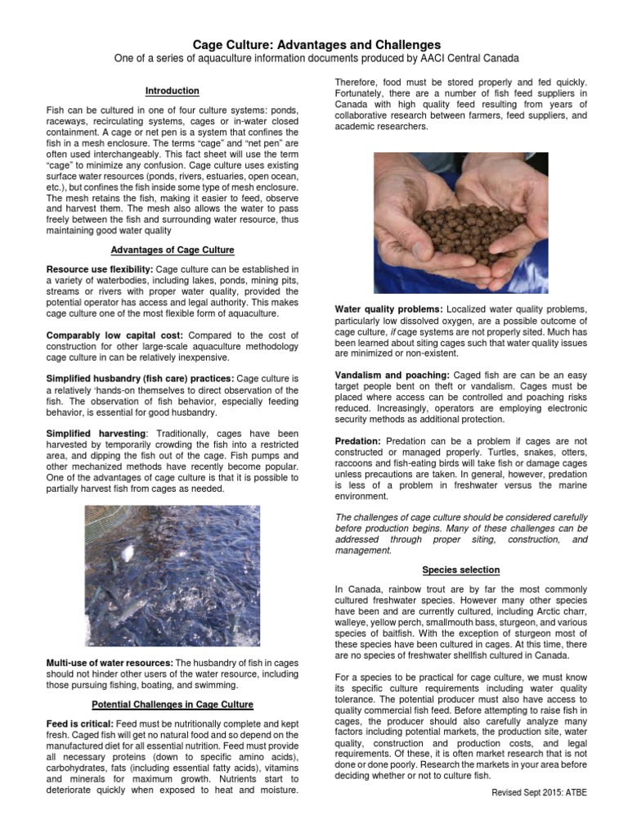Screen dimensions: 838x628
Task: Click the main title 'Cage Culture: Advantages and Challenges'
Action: coord(316,44)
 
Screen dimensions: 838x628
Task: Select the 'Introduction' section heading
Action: coord(172,91)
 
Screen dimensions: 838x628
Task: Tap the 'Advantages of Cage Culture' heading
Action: coord(172,249)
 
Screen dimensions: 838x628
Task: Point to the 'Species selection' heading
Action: coord(460,570)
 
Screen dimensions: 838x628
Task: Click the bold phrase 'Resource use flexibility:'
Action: coord(99,269)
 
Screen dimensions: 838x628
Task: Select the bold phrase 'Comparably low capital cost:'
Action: coord(106,336)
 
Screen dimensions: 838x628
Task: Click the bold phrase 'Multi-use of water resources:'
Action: coord(109,661)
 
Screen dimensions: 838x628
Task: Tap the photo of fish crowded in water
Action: coord(172,574)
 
